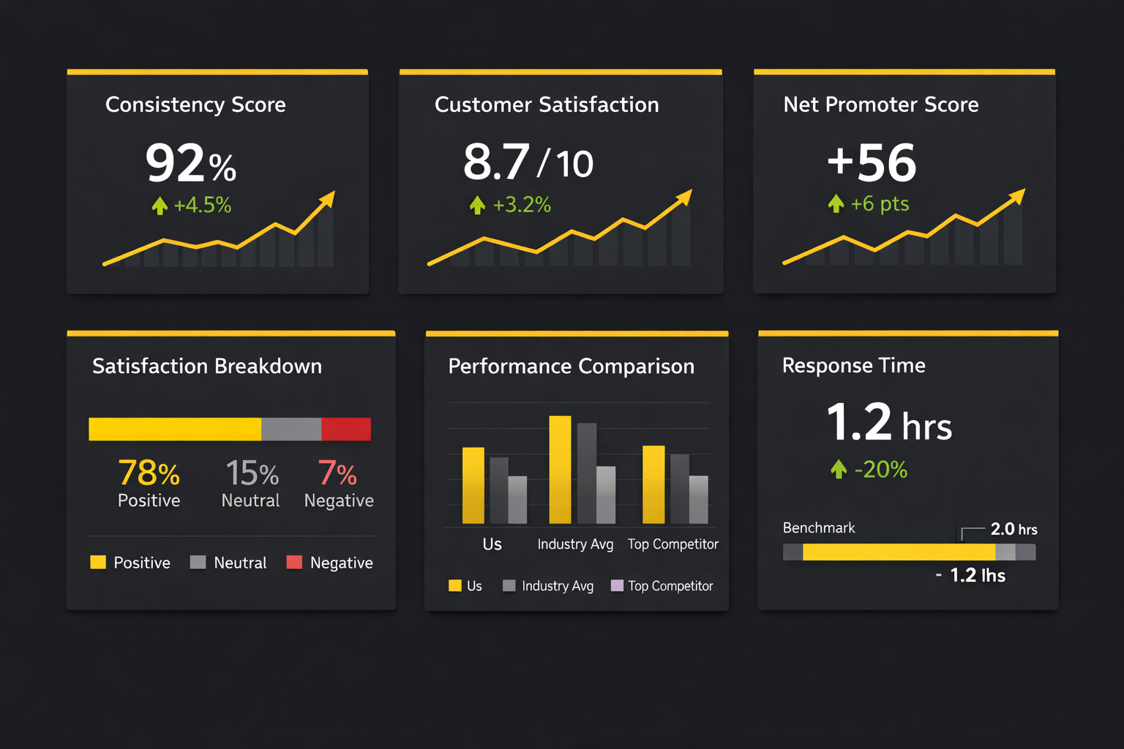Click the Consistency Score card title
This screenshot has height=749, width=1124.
point(195,105)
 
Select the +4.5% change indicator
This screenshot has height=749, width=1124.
point(201,205)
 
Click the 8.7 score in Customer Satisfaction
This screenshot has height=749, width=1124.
point(496,162)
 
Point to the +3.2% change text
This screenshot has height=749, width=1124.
point(521,205)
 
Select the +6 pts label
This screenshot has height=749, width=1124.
point(879,203)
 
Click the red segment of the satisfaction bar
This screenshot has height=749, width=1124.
point(346,429)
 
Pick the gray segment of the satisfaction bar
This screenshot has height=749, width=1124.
point(291,429)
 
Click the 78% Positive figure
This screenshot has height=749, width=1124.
point(149,473)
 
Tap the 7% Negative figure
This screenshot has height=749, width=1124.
point(337,473)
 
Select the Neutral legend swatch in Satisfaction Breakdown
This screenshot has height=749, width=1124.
point(198,562)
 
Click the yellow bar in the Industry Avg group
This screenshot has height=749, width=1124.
point(560,470)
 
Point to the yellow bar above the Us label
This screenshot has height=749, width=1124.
point(473,485)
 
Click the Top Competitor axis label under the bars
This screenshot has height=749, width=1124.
point(672,544)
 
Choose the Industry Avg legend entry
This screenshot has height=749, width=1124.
point(549,586)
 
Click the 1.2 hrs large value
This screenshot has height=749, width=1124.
point(888,423)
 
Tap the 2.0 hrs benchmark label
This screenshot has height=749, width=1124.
point(1014,529)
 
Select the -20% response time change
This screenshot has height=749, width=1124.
point(880,469)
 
